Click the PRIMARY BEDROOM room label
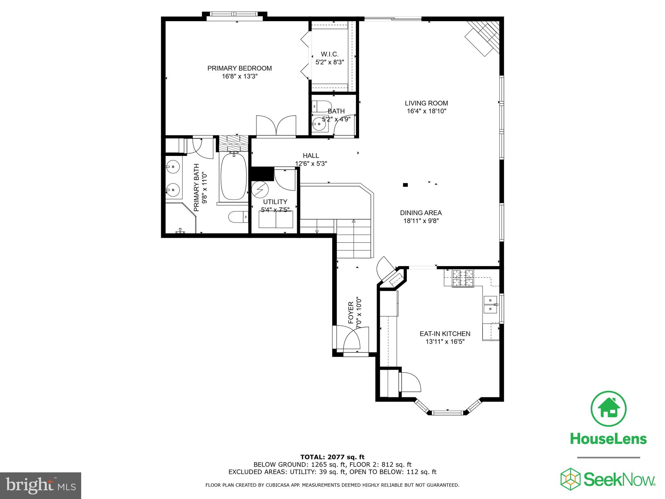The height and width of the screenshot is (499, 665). (x=239, y=68)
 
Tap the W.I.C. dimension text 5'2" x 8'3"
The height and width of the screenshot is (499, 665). (x=330, y=62)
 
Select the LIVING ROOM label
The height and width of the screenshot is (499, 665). (x=426, y=103)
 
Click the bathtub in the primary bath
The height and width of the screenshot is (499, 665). (x=233, y=176)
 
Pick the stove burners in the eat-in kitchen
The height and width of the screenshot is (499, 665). (x=463, y=279)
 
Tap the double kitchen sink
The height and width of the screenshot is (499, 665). (x=490, y=304)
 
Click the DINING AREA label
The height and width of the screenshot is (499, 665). (x=420, y=213)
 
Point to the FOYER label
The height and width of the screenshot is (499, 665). (x=351, y=313)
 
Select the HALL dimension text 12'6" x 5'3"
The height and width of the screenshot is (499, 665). (x=311, y=164)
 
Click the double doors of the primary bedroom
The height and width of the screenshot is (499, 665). (x=276, y=126)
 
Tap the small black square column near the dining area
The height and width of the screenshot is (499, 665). (x=405, y=185)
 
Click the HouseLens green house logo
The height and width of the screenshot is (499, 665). (x=608, y=409)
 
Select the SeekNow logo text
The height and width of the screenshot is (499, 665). (x=619, y=480)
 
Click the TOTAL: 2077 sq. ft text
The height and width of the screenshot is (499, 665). (x=332, y=457)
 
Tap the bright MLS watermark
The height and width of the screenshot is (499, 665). (x=40, y=486)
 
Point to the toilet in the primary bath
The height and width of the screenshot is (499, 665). (x=237, y=217)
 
